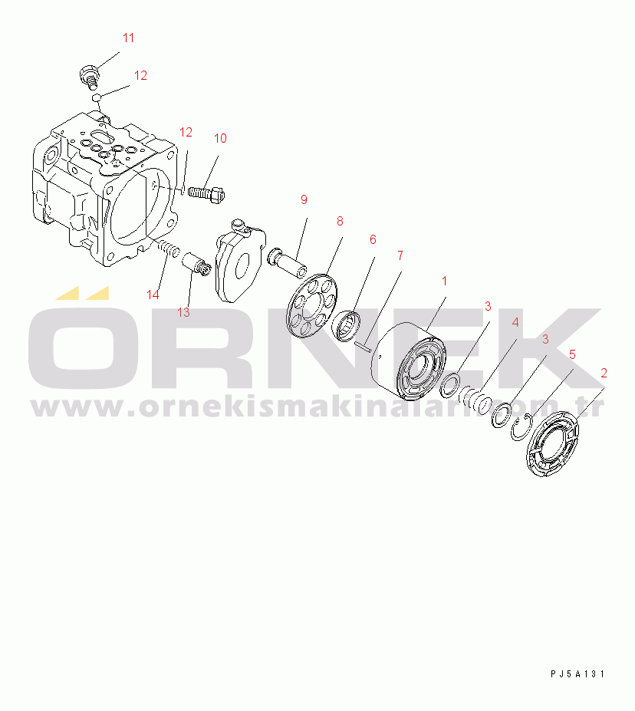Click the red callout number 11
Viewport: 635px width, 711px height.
pos(128,38)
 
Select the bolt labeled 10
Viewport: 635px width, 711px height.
pos(206,194)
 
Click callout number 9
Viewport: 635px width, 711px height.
pos(304,199)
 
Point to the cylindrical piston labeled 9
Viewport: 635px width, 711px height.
pos(288,263)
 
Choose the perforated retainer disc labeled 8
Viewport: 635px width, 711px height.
pos(312,305)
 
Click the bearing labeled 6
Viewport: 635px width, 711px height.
pos(347,325)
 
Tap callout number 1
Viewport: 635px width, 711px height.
pos(444,281)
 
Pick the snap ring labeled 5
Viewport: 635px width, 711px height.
pos(519,427)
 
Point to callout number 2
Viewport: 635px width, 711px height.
pos(604,374)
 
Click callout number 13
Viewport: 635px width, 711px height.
pos(183,312)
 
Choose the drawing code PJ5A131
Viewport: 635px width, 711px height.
pos(578,674)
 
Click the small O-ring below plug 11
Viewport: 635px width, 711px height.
pos(96,97)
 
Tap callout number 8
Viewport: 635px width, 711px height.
pos(340,222)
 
